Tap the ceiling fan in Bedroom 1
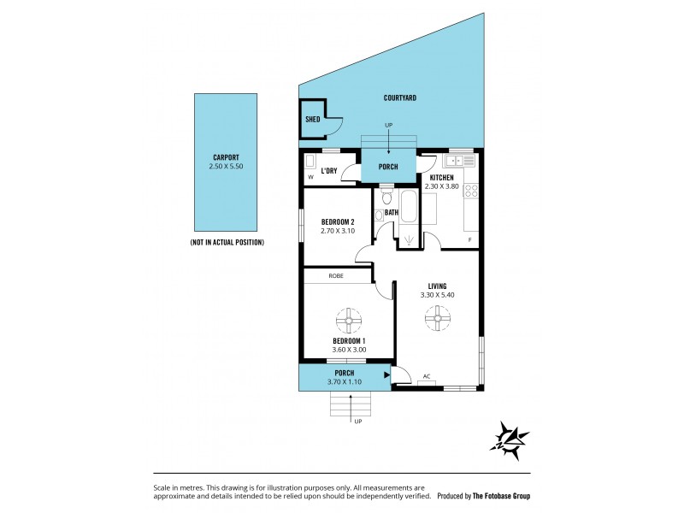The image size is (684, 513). (x=349, y=321)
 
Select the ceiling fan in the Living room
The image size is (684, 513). (x=438, y=321)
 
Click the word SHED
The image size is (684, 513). (x=312, y=120)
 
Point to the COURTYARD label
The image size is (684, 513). (x=399, y=98)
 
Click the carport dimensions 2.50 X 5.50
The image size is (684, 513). (x=226, y=167)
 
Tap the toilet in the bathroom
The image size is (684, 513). (x=386, y=198)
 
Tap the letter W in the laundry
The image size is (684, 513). (x=310, y=178)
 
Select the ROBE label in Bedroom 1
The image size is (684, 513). (x=337, y=275)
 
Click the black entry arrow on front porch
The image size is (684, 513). (x=387, y=374)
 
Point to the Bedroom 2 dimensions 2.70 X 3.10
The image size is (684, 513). (x=337, y=231)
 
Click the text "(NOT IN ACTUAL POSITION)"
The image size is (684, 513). (x=227, y=243)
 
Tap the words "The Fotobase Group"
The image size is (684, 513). (x=501, y=495)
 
